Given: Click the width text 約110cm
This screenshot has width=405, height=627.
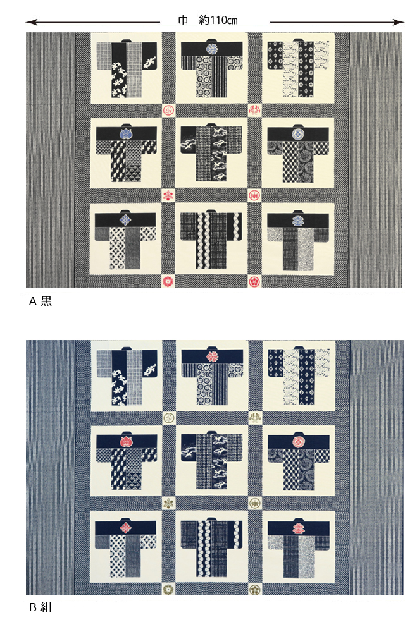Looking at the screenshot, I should (218, 21).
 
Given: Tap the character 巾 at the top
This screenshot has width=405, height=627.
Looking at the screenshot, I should (184, 21).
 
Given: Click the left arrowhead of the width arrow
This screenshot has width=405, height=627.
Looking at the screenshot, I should (29, 22).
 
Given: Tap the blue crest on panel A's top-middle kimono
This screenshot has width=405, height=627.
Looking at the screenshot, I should (212, 48).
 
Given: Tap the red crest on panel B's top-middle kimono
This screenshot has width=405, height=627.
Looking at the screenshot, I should (212, 356).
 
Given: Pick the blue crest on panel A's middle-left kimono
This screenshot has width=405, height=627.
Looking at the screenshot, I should (125, 134).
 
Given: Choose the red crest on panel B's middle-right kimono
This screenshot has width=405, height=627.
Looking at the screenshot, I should (297, 442).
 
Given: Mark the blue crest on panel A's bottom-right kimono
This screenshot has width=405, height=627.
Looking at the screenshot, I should (297, 219).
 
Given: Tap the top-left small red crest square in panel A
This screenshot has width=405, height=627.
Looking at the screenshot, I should (169, 110).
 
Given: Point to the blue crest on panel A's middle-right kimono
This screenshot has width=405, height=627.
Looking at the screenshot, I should (297, 134).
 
